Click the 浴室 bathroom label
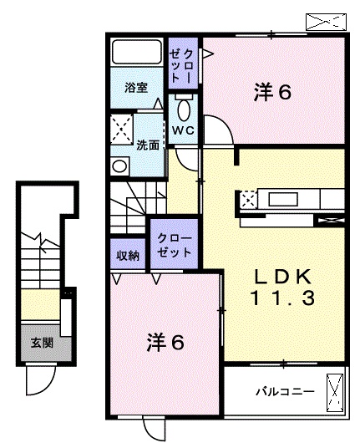point(136,87)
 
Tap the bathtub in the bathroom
point(137,52)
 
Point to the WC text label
point(183,130)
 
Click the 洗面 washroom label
point(148,145)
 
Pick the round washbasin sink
point(120,165)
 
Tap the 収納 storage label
point(128,256)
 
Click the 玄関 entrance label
point(42,343)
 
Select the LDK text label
point(282,277)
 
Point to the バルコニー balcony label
point(285,392)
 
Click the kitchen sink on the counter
point(282,199)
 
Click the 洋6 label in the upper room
point(272,92)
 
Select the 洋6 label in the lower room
point(165,342)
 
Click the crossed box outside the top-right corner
point(326,22)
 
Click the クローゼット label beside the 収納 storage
point(175,245)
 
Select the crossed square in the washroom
point(121,130)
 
